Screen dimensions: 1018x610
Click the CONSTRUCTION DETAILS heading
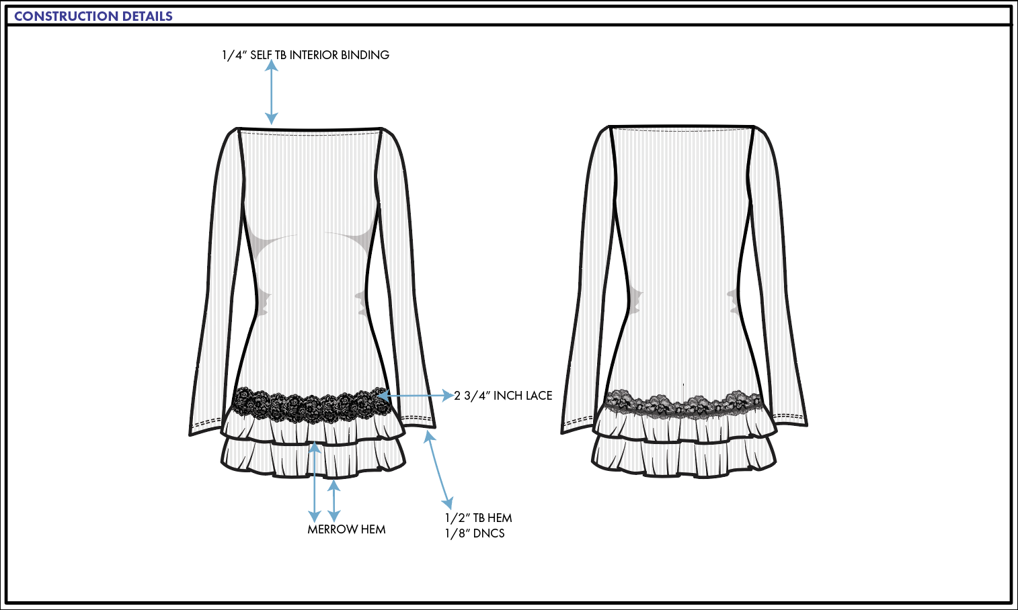pos(93,16)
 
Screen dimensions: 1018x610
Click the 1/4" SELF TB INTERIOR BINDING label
pos(305,55)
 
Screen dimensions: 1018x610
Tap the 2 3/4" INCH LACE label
pos(503,396)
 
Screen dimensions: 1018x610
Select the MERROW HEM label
pos(346,529)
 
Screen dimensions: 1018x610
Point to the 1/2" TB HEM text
pos(478,518)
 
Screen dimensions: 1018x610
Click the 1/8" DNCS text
pos(475,533)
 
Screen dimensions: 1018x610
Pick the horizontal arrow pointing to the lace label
pos(417,396)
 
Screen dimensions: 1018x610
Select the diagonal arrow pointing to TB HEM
pos(438,470)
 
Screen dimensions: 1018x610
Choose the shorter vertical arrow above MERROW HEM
pos(334,500)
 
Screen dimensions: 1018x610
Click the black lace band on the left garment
pos(309,405)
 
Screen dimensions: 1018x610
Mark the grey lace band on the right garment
pos(682,403)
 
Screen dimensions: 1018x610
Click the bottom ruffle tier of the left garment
pos(313,460)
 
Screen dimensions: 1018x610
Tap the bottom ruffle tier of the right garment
pos(684,460)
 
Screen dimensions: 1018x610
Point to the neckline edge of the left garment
pos(310,129)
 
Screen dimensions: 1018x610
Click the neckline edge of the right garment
pos(682,126)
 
